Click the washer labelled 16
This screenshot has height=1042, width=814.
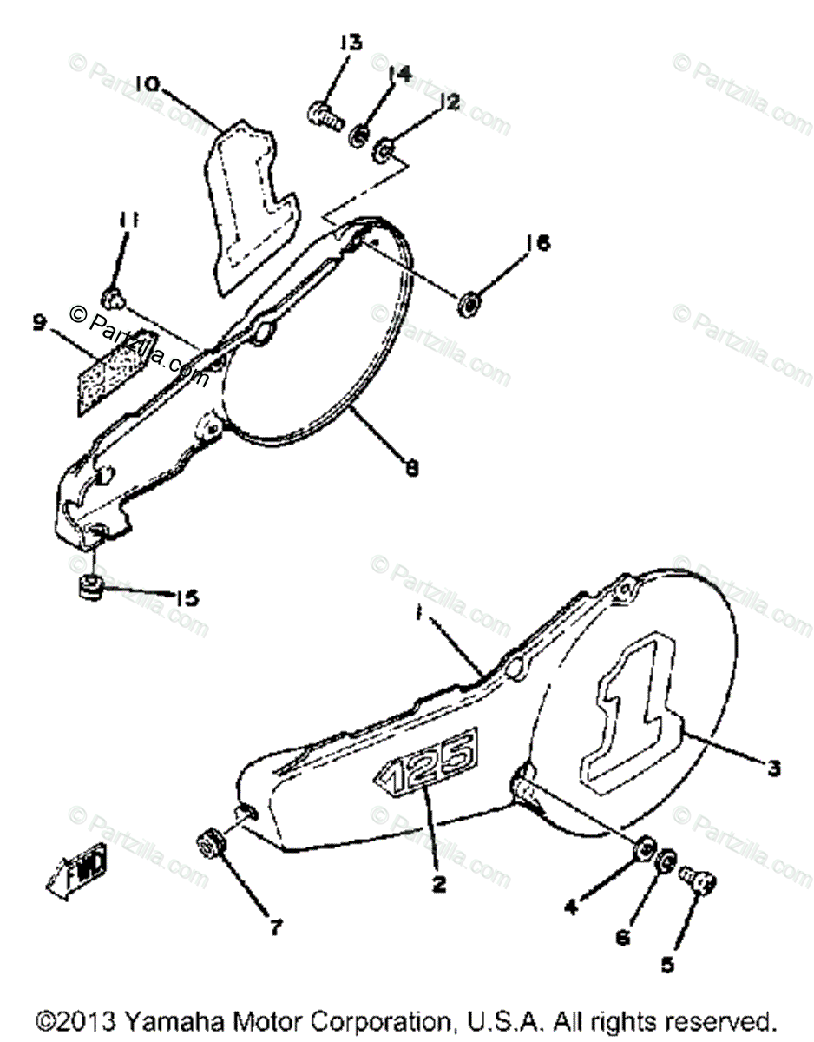(x=470, y=303)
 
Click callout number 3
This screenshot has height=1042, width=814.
(x=773, y=767)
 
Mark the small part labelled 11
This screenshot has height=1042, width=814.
(x=110, y=300)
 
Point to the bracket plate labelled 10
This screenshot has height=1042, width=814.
(x=247, y=205)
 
